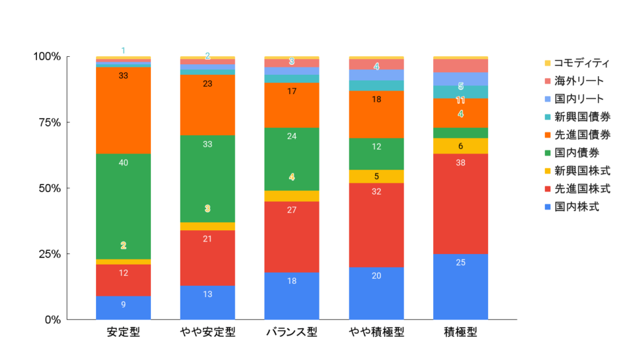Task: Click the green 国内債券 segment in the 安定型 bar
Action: pos(123,206)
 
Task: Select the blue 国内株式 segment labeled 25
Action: pos(461,287)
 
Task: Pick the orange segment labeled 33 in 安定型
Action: pos(123,110)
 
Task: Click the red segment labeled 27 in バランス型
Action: pos(291,237)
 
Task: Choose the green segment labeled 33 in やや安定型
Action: pos(207,178)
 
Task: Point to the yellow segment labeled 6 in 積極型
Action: pos(461,146)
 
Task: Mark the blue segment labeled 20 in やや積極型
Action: pos(376,293)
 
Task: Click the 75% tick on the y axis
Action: pos(47,122)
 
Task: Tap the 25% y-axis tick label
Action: pos(47,254)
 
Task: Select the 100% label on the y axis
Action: pos(46,57)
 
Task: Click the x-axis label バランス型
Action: pos(291,332)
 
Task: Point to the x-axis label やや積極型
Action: pos(376,332)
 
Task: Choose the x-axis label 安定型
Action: pos(123,332)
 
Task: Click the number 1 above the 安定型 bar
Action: pos(123,50)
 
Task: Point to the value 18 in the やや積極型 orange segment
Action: pos(376,99)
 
